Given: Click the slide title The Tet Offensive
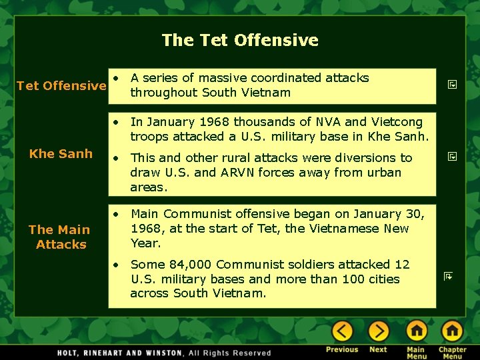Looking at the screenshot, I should (x=240, y=40).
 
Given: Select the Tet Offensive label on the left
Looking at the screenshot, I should (x=61, y=85).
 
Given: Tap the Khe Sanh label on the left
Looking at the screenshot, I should (x=61, y=153).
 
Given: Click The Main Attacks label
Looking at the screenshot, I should (x=60, y=237).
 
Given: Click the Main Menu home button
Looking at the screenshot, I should (x=416, y=331).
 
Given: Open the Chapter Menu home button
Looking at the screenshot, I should (x=452, y=331).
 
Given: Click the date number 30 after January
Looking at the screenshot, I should (x=415, y=214).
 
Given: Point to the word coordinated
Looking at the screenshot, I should (x=267, y=78).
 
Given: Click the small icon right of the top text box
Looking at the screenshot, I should (x=451, y=85).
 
